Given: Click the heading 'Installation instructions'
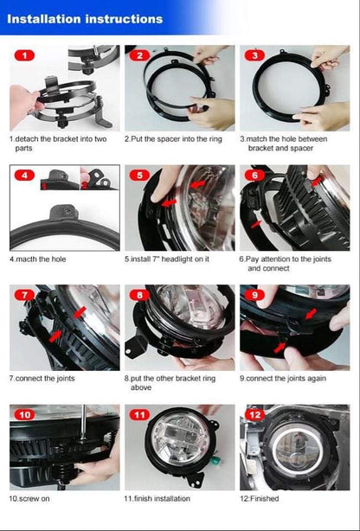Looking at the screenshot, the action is pyautogui.click(x=85, y=19).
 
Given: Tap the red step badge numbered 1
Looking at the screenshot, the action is pyautogui.click(x=24, y=55).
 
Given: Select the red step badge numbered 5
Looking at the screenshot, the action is pyautogui.click(x=139, y=175).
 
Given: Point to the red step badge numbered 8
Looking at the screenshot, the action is pyautogui.click(x=139, y=295).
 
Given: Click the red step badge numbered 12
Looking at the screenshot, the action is pyautogui.click(x=254, y=414).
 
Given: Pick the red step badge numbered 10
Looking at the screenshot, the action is pyautogui.click(x=24, y=414).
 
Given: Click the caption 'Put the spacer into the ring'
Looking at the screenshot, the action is pyautogui.click(x=177, y=139).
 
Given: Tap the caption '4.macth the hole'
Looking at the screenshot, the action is pyautogui.click(x=37, y=259).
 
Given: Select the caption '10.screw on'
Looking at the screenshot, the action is pyautogui.click(x=29, y=498).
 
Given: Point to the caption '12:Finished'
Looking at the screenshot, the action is pyautogui.click(x=260, y=498).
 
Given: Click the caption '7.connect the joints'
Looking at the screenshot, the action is pyautogui.click(x=42, y=378).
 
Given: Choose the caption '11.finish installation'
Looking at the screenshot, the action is pyautogui.click(x=157, y=498).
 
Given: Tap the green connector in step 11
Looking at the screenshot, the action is pyautogui.click(x=215, y=459).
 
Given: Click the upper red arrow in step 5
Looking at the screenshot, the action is pyautogui.click(x=197, y=184).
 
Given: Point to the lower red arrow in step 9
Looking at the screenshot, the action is pyautogui.click(x=280, y=348).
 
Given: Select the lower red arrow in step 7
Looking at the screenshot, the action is pyautogui.click(x=55, y=336).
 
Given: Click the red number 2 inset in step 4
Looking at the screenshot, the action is pyautogui.click(x=84, y=186).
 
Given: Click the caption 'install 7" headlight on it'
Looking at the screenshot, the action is pyautogui.click(x=170, y=259).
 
